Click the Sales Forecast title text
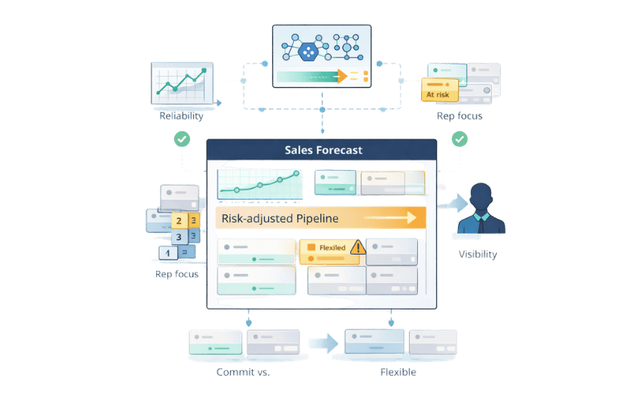pos(323,150)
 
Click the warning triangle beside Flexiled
pos(357,248)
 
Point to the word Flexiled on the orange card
pos(332,247)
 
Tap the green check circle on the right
pos(460,139)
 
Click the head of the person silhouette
pos(481,196)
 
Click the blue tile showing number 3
pos(178,237)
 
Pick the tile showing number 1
pos(166,253)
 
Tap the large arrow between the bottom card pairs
pos(323,343)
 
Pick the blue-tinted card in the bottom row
pos(374,343)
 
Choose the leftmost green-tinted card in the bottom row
pos(215,343)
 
